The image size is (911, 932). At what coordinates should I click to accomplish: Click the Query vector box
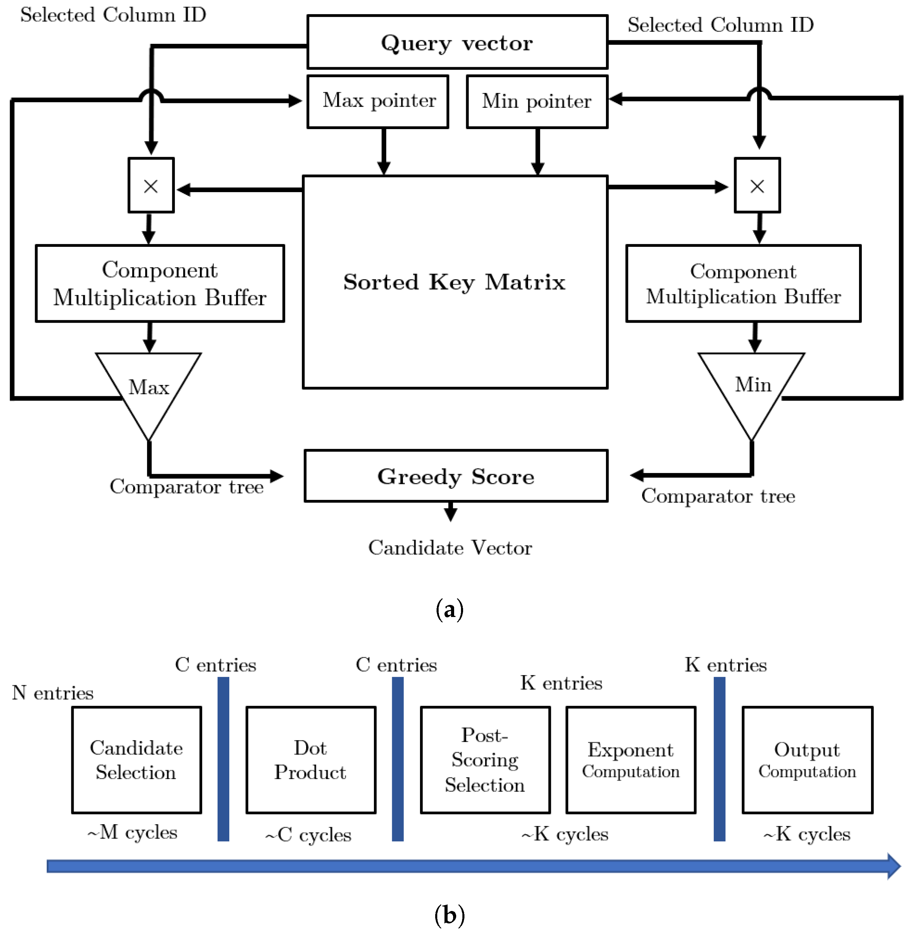(x=457, y=42)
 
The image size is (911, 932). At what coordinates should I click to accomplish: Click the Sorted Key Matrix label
(x=454, y=282)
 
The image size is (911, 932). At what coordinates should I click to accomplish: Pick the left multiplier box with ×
(x=151, y=186)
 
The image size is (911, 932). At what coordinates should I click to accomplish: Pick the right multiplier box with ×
(x=757, y=186)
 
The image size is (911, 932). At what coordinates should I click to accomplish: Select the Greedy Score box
(x=456, y=476)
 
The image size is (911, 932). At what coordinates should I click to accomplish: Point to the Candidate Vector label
(x=450, y=548)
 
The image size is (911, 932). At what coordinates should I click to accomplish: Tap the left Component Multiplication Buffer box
(x=160, y=283)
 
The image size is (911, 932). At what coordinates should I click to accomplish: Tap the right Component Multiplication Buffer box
(x=743, y=283)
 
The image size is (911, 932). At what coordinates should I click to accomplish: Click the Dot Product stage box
(x=311, y=760)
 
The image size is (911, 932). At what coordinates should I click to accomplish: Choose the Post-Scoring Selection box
(x=485, y=760)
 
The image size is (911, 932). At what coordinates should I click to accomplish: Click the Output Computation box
(x=807, y=760)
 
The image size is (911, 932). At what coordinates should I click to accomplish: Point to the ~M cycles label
(x=132, y=832)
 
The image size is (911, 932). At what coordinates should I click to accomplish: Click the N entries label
(x=53, y=693)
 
